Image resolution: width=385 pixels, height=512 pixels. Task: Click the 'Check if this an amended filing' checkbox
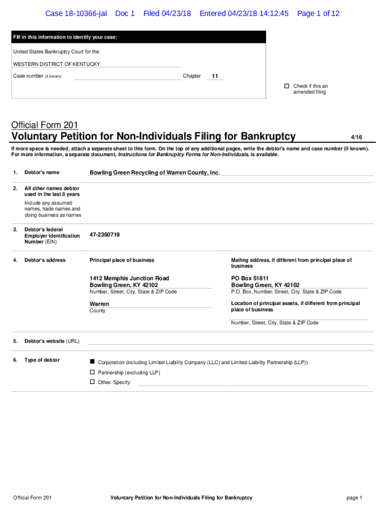pyautogui.click(x=287, y=86)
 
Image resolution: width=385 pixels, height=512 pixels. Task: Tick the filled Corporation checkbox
pyautogui.click(x=92, y=361)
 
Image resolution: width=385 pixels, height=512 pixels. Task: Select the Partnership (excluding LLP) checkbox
pyautogui.click(x=92, y=372)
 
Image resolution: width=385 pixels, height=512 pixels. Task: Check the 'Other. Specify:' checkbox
pyautogui.click(x=92, y=382)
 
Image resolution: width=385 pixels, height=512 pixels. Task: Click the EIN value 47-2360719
pyautogui.click(x=104, y=234)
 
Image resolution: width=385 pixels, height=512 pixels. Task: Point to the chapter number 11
pyautogui.click(x=215, y=76)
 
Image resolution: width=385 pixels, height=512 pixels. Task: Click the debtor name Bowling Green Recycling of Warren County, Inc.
pyautogui.click(x=154, y=172)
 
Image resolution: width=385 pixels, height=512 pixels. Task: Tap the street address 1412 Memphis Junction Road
pyautogui.click(x=129, y=278)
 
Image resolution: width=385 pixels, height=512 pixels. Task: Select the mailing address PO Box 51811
pyautogui.click(x=249, y=278)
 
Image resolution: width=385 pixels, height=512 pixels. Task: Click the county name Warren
pyautogui.click(x=99, y=304)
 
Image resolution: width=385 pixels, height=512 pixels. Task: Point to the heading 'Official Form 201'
pyautogui.click(x=44, y=125)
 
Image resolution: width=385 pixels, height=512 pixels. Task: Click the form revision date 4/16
pyautogui.click(x=356, y=137)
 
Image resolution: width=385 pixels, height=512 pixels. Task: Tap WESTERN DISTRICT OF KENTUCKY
pyautogui.click(x=56, y=64)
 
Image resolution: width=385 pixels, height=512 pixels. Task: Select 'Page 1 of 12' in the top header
pyautogui.click(x=318, y=13)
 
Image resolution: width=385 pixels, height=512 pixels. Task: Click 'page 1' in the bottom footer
pyautogui.click(x=353, y=497)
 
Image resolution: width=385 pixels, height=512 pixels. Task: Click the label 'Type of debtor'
pyautogui.click(x=42, y=360)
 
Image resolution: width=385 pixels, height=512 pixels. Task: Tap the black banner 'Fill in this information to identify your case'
pyautogui.click(x=138, y=37)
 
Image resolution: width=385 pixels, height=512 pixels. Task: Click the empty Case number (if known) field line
pyautogui.click(x=127, y=77)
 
